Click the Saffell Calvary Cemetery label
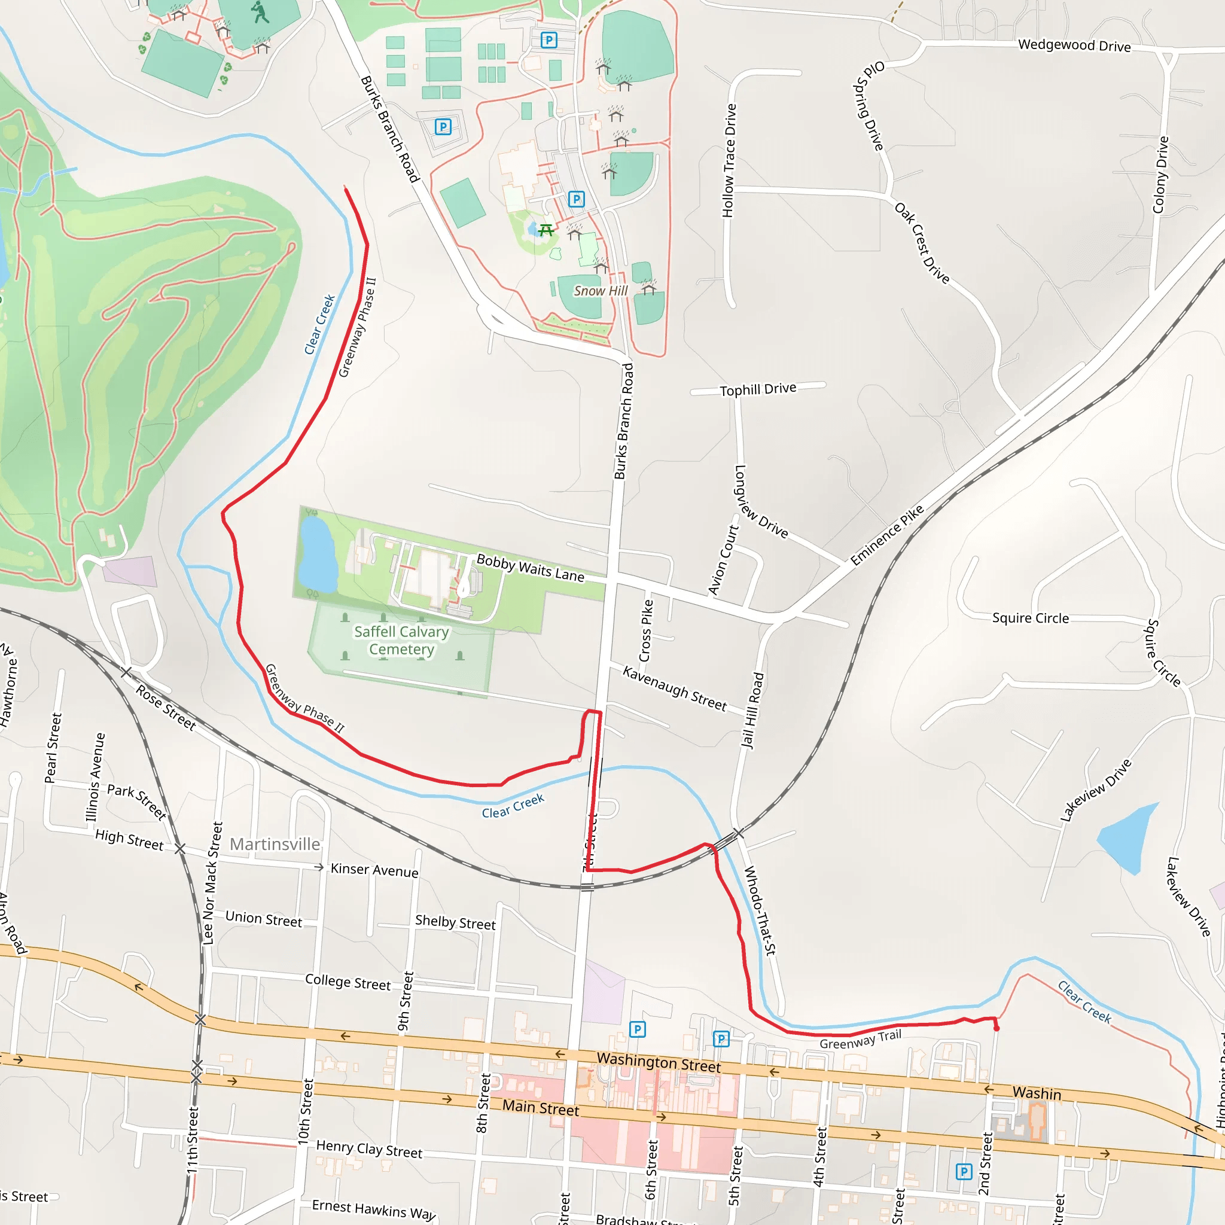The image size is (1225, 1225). [x=401, y=641]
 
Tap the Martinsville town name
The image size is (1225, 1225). [x=275, y=844]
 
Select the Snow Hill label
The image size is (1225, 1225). [x=601, y=291]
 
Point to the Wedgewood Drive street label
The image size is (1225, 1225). [x=1074, y=45]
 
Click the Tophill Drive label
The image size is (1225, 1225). [x=758, y=389]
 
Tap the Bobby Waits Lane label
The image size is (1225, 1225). [x=530, y=568]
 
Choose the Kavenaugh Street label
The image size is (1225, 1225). [x=675, y=688]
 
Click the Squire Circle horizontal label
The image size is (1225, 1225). [x=1031, y=618]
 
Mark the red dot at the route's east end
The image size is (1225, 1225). [x=996, y=1028]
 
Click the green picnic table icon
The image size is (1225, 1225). [x=546, y=230]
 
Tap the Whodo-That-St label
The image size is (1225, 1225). [x=760, y=910]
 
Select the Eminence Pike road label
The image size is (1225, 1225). [x=887, y=535]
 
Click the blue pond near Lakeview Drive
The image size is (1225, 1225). [x=1125, y=836]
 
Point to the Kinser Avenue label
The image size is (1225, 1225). [x=374, y=870]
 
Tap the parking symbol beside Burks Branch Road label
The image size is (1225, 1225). [x=443, y=127]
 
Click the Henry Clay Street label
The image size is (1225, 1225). [x=369, y=1149]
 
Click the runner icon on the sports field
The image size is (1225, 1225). [x=260, y=12]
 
